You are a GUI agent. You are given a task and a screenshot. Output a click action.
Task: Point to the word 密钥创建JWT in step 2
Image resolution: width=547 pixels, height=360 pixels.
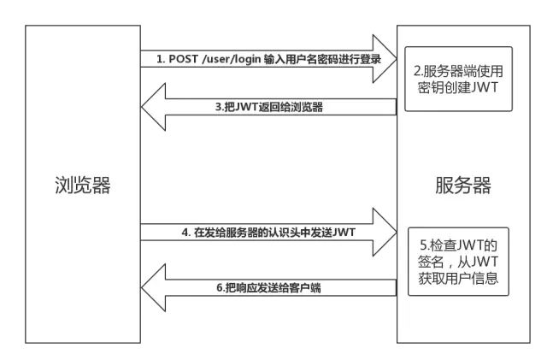click(x=456, y=88)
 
